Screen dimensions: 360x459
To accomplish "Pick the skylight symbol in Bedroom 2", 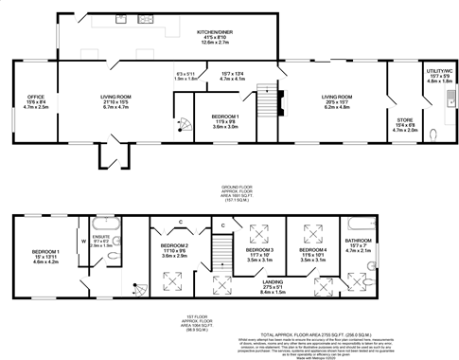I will [174, 279].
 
